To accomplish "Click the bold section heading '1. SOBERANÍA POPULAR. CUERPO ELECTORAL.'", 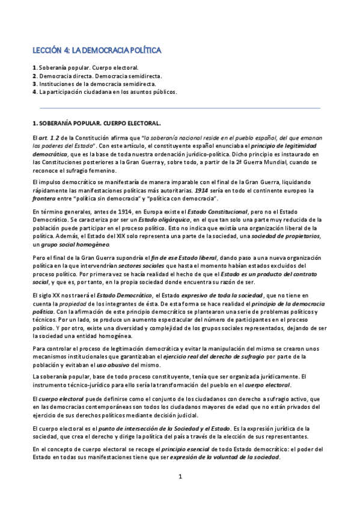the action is click(97, 123).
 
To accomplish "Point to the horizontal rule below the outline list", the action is click(180, 108).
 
